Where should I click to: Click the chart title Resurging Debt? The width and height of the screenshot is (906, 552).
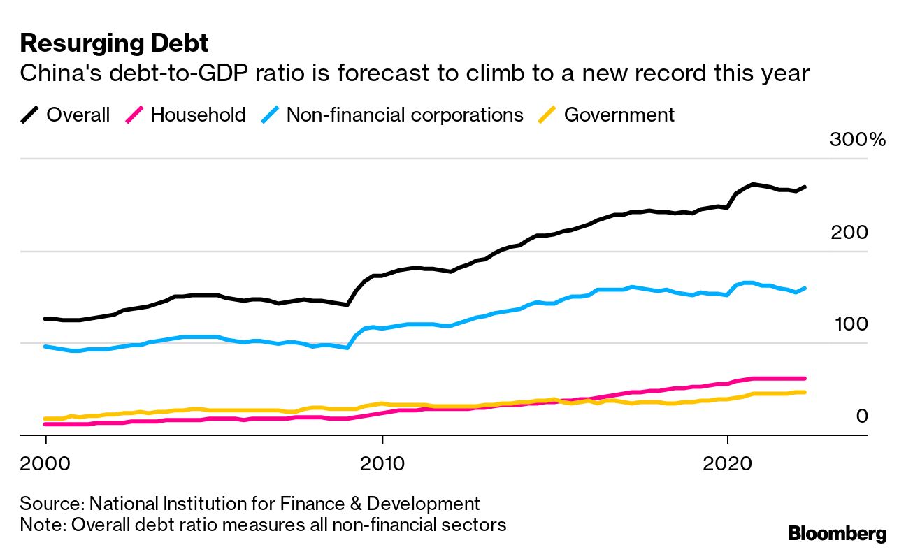coord(114,43)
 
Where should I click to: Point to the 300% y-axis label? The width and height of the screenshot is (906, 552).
coord(858,140)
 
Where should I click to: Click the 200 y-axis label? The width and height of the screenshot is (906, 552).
coord(849,233)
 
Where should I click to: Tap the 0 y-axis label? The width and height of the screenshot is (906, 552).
coord(861,416)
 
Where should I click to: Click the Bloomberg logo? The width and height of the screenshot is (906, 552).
coord(837,534)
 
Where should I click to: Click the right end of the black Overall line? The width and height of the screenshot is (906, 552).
coord(805,187)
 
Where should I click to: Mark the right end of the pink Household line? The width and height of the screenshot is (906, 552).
coord(805,378)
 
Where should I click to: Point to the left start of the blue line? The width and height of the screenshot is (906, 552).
coord(45,346)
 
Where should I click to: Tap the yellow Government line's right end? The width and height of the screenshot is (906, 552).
coord(805,392)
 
